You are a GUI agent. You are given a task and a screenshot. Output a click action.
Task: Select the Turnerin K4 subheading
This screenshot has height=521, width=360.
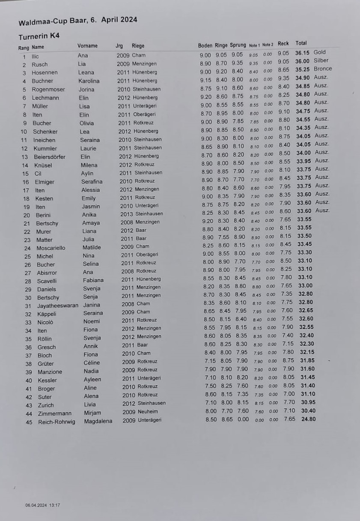[x=39, y=36]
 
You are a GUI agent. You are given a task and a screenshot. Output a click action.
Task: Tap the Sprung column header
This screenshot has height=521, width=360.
[x=238, y=45]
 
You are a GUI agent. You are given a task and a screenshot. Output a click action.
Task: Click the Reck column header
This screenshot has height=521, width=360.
[x=283, y=44]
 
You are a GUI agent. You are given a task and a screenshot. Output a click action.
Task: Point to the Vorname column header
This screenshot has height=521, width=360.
[x=87, y=46]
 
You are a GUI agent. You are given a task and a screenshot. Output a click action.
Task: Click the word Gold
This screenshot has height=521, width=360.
[x=319, y=52]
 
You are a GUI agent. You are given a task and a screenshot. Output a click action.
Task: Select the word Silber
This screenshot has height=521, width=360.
[x=321, y=60]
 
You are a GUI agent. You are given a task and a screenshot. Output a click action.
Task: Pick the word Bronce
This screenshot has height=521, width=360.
[x=322, y=69]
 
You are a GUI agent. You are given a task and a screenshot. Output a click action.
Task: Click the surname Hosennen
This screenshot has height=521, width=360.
[x=45, y=73]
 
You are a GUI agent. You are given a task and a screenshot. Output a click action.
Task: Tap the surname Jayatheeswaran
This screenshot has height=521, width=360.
[x=57, y=306]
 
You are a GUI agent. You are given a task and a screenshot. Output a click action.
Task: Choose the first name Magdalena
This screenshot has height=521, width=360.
[x=98, y=421]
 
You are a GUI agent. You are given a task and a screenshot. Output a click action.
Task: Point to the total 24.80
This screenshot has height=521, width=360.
[x=308, y=419]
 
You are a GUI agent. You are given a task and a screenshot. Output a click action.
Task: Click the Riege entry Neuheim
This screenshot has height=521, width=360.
[x=148, y=412]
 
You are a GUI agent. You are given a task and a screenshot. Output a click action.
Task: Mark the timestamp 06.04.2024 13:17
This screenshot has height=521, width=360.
[x=42, y=505]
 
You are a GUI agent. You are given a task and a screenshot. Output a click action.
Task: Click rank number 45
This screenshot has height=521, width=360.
[x=29, y=422]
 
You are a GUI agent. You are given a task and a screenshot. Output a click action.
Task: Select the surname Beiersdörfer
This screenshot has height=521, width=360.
[x=50, y=157]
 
